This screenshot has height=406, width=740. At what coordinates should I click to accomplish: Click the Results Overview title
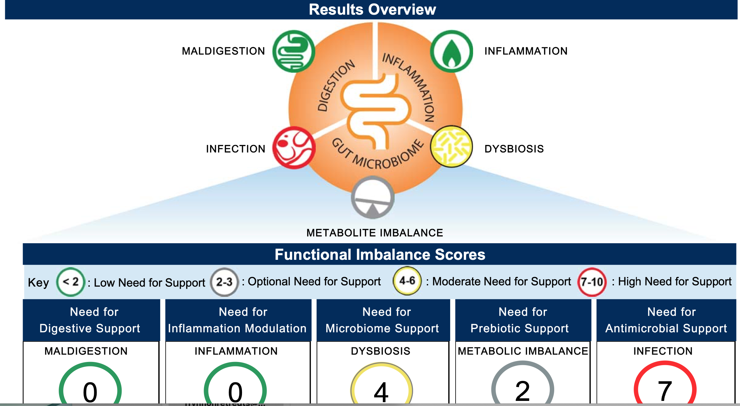[372, 10]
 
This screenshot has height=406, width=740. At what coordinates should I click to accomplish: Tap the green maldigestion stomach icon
[294, 51]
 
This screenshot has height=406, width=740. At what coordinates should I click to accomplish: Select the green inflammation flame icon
[451, 51]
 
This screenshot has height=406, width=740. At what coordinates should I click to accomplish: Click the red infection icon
[294, 148]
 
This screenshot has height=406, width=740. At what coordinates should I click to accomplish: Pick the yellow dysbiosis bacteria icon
[451, 147]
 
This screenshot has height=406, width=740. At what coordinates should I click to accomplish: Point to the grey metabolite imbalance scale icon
[373, 198]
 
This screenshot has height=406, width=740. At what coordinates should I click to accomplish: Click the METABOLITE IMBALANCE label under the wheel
[374, 233]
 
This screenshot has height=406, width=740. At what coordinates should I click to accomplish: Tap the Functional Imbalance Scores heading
[380, 254]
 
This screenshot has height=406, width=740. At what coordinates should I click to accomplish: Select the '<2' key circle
[71, 282]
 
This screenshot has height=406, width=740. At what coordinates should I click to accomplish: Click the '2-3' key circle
[224, 282]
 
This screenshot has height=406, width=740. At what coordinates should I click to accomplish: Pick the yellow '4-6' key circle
[407, 281]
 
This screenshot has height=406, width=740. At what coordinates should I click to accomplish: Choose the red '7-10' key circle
[592, 282]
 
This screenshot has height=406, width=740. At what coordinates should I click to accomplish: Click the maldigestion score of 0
[90, 391]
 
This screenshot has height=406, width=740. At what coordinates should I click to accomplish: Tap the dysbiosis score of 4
[381, 391]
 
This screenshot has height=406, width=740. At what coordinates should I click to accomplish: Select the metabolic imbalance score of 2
[523, 391]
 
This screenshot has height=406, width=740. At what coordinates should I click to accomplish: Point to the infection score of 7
[665, 391]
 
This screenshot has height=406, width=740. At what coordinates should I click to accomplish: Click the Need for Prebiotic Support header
[523, 320]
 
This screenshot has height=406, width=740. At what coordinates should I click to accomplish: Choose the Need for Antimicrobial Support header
[666, 320]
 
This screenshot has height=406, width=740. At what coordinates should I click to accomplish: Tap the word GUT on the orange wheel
[342, 148]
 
